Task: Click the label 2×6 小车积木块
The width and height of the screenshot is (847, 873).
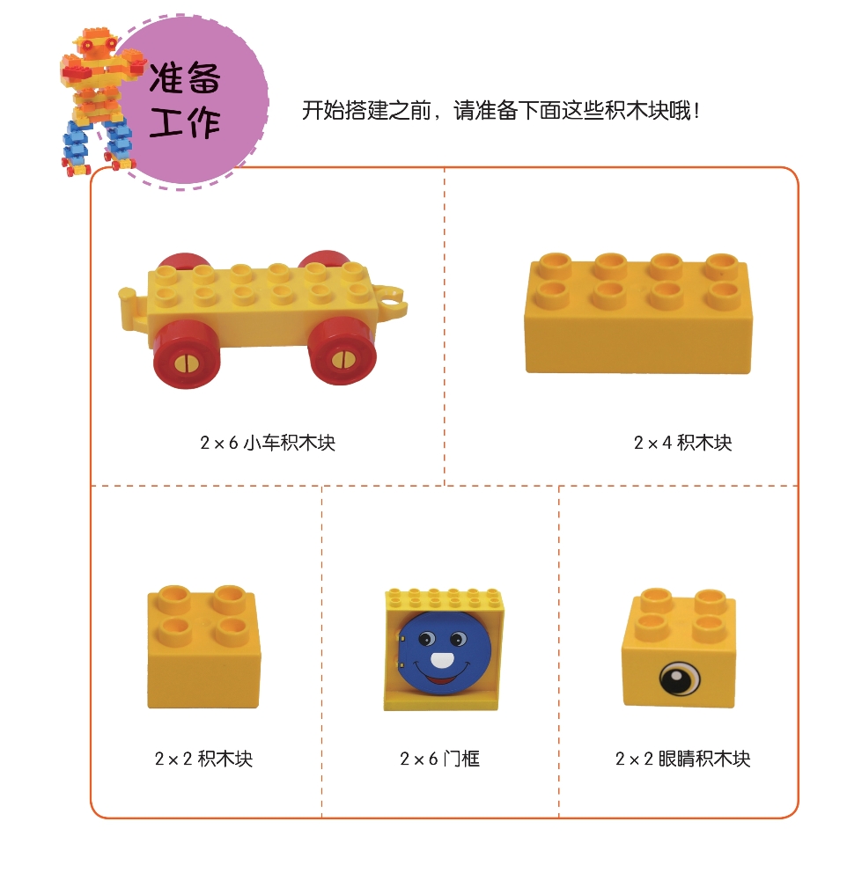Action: pyautogui.click(x=268, y=443)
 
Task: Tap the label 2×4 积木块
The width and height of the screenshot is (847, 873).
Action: pyautogui.click(x=682, y=443)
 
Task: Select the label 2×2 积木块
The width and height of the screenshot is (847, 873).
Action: pyautogui.click(x=203, y=759)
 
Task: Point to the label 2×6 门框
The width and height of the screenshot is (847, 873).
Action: pyautogui.click(x=440, y=759)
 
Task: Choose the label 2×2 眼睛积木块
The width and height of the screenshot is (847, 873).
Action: pyautogui.click(x=682, y=759)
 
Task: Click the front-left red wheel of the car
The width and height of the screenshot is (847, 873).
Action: pyautogui.click(x=187, y=356)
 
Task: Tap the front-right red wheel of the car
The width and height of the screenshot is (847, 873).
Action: pyautogui.click(x=342, y=350)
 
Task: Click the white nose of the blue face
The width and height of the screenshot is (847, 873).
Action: pyautogui.click(x=443, y=660)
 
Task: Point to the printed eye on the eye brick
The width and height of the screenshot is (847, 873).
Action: pyautogui.click(x=680, y=679)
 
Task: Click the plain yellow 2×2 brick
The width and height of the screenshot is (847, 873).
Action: pyautogui.click(x=203, y=647)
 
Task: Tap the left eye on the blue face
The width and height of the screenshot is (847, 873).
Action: pyautogui.click(x=426, y=638)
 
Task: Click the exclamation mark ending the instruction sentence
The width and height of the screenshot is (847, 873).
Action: pyautogui.click(x=696, y=111)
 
